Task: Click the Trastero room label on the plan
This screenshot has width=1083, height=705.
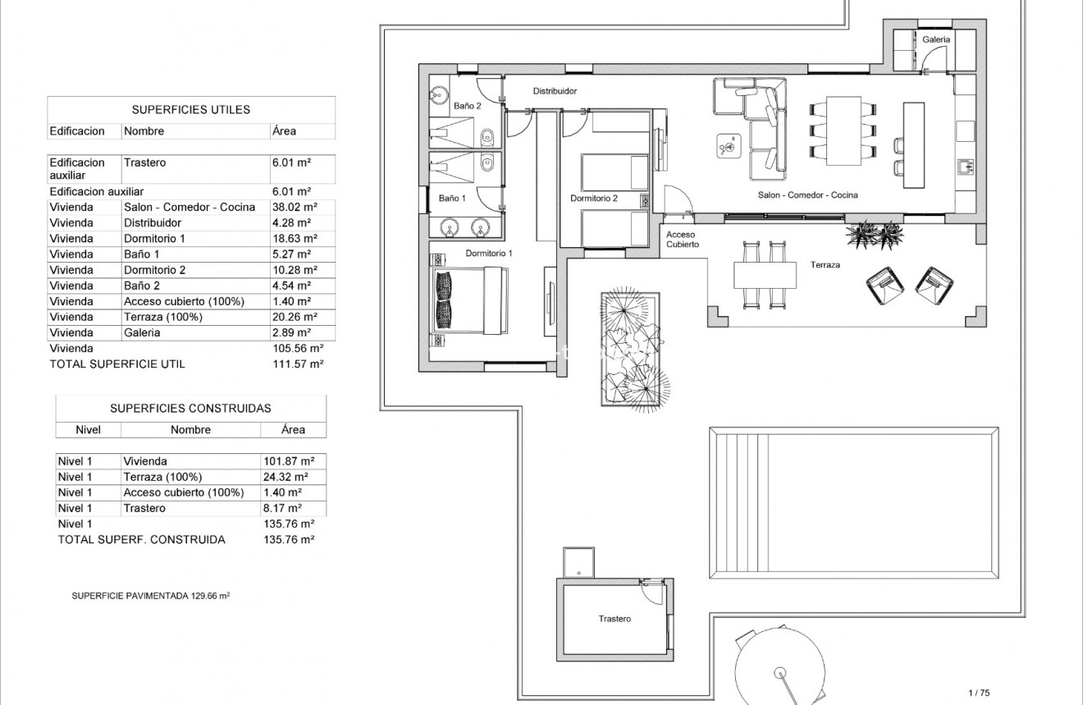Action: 615,619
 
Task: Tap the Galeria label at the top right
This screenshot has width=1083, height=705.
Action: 936,39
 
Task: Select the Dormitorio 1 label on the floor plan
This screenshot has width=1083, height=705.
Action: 488,254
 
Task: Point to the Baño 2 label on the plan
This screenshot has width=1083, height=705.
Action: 467,106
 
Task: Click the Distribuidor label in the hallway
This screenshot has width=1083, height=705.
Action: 555,91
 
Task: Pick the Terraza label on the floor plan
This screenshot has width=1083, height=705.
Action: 825,265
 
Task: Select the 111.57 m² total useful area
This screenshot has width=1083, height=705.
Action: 299,364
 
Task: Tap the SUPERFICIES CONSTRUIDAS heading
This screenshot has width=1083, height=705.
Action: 190,408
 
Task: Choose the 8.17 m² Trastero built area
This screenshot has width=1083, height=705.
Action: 283,508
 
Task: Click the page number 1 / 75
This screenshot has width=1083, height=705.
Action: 980,693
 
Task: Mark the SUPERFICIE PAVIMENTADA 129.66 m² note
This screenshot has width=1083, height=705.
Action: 151,596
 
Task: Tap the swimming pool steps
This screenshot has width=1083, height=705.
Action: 741,502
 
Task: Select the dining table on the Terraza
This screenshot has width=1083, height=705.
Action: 765,275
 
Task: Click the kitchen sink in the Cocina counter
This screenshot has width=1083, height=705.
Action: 965,167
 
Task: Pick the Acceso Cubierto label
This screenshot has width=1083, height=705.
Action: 682,240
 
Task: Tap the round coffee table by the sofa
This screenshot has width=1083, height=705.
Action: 727,145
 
